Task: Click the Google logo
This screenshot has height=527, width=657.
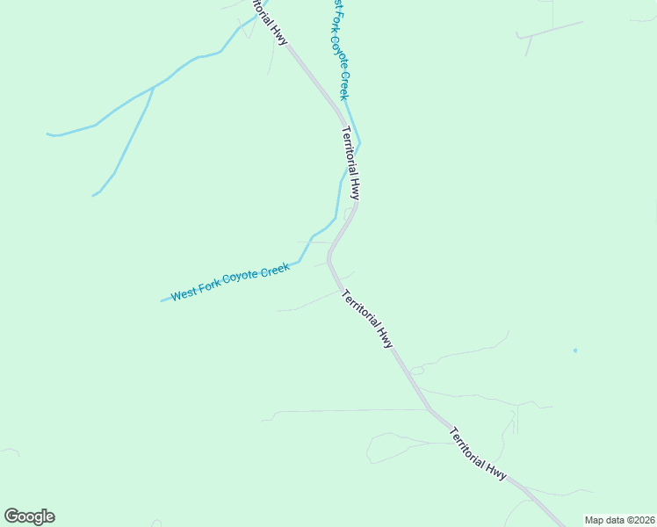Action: click(29, 516)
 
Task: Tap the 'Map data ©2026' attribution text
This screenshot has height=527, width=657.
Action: click(619, 520)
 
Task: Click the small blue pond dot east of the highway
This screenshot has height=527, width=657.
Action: click(575, 350)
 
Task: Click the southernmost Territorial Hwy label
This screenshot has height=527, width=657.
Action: click(478, 452)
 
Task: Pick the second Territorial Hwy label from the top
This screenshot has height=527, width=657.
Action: click(350, 162)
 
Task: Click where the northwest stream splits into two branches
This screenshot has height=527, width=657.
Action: click(155, 86)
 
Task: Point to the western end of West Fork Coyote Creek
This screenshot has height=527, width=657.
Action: click(162, 300)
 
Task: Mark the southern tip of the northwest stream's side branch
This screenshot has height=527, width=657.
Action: click(93, 195)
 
